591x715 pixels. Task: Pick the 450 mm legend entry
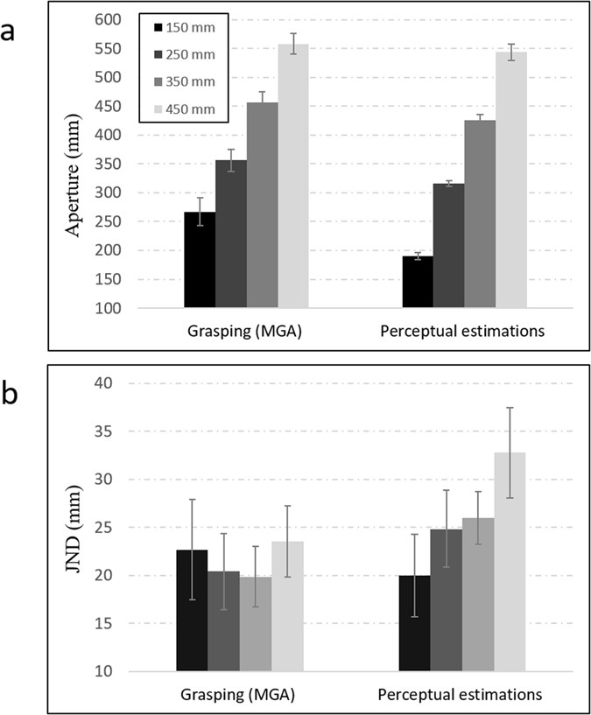point(183,109)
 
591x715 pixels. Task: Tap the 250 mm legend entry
point(183,55)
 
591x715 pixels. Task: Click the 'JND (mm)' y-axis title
point(74,528)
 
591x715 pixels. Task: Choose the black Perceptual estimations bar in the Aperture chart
point(418,282)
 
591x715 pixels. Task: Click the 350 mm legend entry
point(183,82)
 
